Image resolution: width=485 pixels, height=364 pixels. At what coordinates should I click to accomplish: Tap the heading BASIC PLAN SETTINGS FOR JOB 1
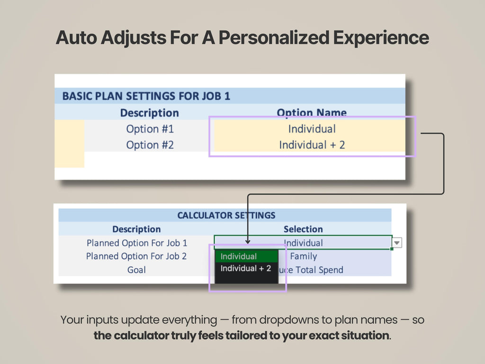tap(146, 96)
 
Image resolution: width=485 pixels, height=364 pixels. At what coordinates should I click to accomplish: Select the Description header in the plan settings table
tap(149, 113)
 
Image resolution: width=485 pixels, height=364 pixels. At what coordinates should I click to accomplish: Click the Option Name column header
tap(312, 113)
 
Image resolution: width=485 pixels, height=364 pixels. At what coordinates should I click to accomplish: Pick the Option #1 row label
tap(150, 129)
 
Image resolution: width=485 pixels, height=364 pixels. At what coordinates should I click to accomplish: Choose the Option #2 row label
tap(150, 145)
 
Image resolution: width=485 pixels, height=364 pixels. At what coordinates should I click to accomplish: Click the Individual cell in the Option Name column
tap(312, 129)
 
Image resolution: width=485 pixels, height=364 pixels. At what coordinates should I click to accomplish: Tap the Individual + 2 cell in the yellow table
tap(312, 145)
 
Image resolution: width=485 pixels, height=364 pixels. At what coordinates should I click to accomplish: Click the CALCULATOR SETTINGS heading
tap(226, 215)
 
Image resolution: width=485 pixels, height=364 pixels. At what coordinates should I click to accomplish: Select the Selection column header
tap(303, 229)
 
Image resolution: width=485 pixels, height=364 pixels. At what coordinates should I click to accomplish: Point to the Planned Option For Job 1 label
tap(137, 243)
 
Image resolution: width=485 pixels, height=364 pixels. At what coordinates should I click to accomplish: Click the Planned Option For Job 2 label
tap(136, 256)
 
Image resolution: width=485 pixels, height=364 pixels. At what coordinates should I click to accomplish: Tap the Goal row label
tap(136, 270)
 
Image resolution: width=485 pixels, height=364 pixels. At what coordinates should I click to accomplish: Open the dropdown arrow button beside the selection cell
tap(397, 243)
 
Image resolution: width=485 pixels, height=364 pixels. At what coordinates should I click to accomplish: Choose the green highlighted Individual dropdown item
tap(239, 256)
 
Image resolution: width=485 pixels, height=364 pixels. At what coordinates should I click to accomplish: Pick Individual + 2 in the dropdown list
tap(246, 269)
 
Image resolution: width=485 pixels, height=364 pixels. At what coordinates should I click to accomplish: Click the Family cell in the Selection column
tap(303, 256)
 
